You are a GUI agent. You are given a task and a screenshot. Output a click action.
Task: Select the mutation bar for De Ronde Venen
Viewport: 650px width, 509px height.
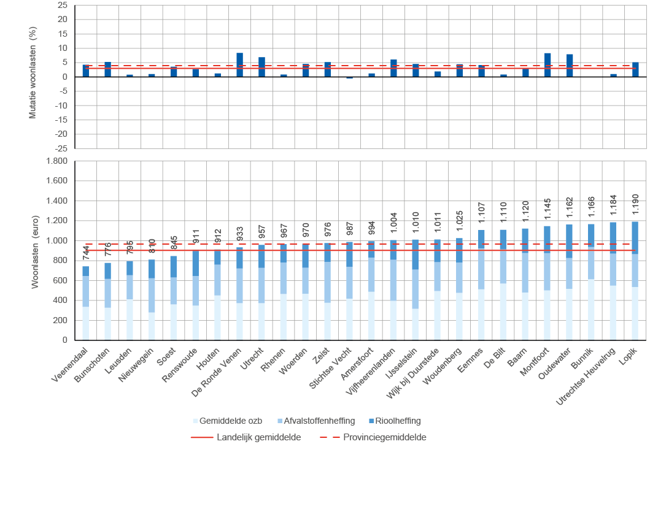coord(240,65)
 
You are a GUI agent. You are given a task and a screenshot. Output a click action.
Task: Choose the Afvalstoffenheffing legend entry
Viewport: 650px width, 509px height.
coord(315,421)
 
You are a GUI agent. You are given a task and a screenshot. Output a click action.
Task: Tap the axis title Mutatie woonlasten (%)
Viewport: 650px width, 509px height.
coord(34,76)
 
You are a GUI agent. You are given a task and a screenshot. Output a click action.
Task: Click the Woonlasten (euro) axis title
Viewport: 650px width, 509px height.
coord(34,250)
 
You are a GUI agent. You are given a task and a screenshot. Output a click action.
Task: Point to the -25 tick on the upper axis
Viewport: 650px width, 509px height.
coord(62,148)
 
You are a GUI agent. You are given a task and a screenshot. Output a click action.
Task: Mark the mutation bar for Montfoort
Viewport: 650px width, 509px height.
coord(547,65)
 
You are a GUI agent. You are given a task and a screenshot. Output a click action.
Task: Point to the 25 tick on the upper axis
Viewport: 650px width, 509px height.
coord(63,5)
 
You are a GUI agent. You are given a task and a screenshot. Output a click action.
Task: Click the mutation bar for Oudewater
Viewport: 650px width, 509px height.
coord(570,66)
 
